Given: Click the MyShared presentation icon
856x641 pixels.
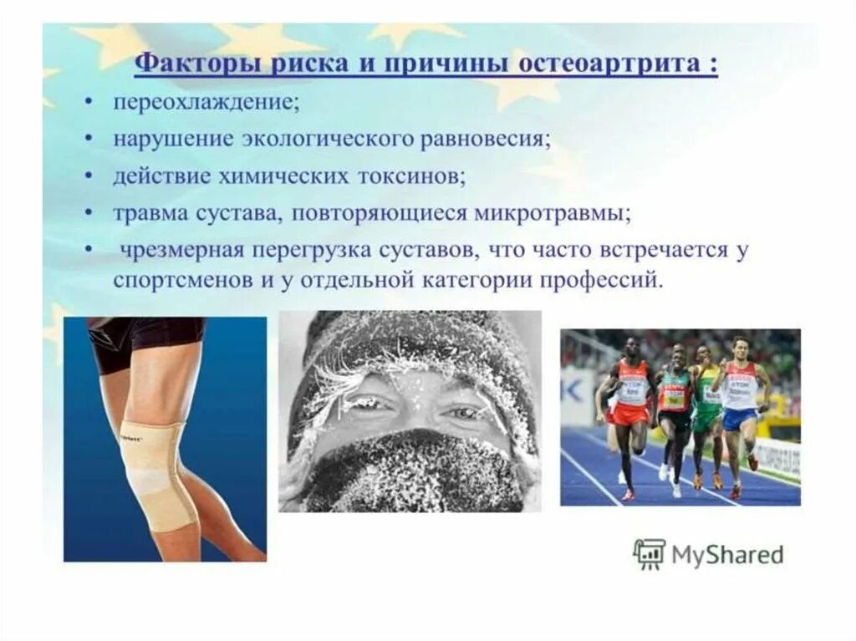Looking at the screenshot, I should pos(649,554).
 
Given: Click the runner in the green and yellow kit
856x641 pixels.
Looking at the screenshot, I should pos(706,410).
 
